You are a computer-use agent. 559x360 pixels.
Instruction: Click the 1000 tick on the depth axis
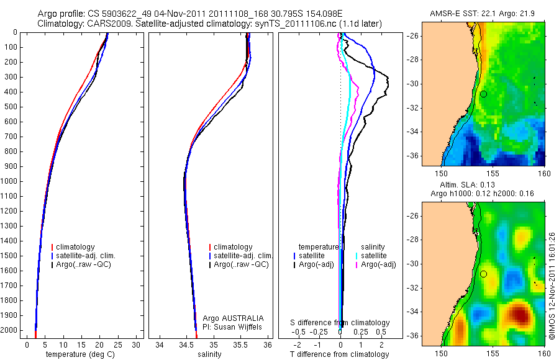click(x=12, y=181)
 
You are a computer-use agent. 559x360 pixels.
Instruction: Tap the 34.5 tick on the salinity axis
click(x=186, y=344)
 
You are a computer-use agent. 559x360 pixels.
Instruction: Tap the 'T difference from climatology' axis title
click(x=339, y=354)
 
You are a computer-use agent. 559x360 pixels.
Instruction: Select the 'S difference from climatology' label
click(x=340, y=323)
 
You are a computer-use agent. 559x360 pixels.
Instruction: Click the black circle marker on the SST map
click(x=483, y=94)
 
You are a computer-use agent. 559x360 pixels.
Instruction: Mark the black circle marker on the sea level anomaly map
click(x=483, y=274)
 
